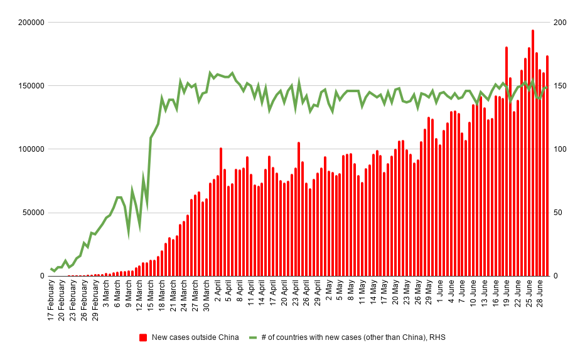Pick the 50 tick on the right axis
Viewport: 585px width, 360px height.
557,213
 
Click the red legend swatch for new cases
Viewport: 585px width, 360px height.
144,337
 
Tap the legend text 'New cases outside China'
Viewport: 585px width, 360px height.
195,337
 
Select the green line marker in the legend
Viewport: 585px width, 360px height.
255,337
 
